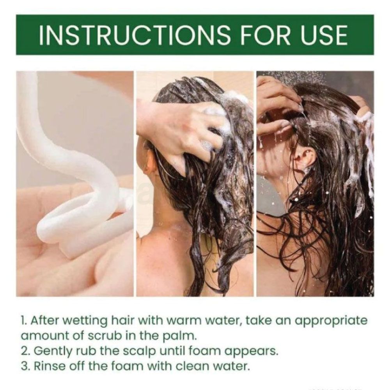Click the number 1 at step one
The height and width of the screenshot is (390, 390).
tap(23, 321)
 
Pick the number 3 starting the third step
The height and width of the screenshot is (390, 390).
tap(25, 366)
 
